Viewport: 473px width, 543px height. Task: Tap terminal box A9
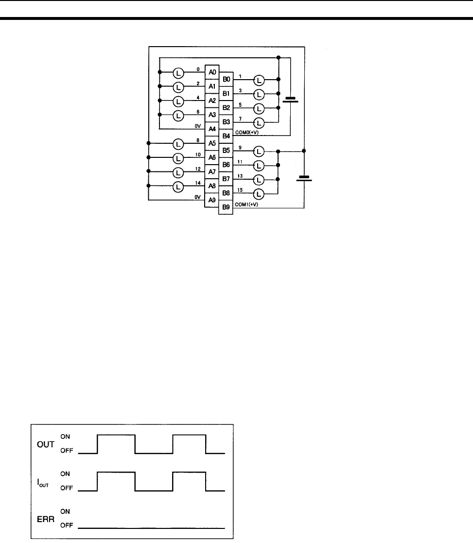click(212, 200)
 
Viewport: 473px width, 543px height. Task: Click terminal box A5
click(212, 144)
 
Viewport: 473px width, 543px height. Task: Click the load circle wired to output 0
click(178, 73)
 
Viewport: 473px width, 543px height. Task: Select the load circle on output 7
click(259, 122)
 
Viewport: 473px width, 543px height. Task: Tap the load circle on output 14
click(178, 186)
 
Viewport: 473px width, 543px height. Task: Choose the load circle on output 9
click(259, 152)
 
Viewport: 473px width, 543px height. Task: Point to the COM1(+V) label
click(247, 204)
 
